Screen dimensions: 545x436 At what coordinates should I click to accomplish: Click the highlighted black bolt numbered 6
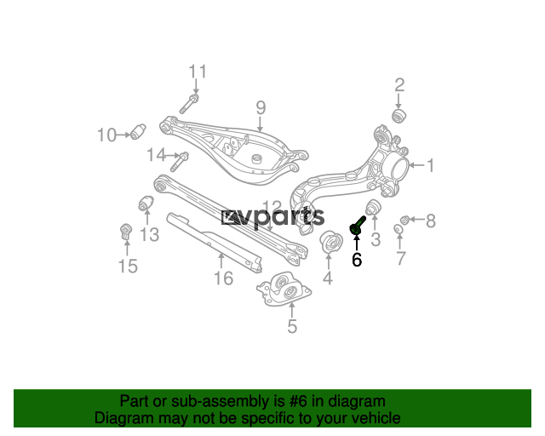[357, 226]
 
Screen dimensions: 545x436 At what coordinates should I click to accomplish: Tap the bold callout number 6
[357, 260]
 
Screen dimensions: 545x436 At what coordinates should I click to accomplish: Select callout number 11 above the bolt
[198, 72]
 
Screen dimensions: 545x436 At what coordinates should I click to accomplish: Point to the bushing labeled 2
[399, 116]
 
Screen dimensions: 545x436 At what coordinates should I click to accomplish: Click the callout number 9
[261, 108]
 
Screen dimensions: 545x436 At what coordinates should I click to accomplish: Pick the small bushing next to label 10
[138, 131]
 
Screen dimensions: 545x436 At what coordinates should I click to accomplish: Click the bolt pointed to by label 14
[180, 161]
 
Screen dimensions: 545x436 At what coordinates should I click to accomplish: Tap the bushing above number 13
[146, 203]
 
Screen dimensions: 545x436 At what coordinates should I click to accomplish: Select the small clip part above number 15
[126, 232]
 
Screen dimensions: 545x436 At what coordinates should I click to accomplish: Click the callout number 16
[223, 278]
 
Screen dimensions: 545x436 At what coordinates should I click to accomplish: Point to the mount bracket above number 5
[284, 290]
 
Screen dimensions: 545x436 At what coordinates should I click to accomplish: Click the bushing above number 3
[374, 207]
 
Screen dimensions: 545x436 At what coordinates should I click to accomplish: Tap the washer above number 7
[399, 229]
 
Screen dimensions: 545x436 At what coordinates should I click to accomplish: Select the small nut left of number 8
[404, 220]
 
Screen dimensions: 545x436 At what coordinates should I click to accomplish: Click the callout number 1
[431, 165]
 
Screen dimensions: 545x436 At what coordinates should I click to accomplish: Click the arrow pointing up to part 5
[292, 310]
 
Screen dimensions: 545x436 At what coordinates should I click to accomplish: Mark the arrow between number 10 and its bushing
[123, 135]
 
